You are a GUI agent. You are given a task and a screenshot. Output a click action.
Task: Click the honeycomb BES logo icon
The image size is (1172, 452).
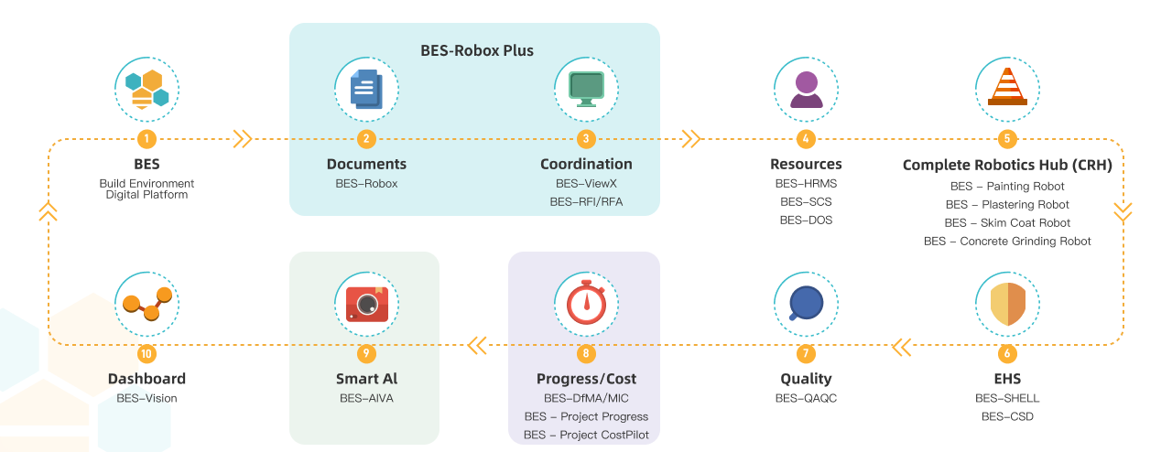coord(146,89)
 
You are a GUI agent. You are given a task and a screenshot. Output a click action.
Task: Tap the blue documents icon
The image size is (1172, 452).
coord(366,89)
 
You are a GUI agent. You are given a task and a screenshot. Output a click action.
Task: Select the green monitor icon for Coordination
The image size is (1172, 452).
coord(586,89)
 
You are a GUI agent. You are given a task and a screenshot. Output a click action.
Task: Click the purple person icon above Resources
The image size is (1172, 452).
coord(806,89)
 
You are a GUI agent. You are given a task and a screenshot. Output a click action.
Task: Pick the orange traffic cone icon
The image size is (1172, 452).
coord(1007,89)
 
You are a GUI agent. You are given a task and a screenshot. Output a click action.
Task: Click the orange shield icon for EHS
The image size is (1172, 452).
coord(1007,304)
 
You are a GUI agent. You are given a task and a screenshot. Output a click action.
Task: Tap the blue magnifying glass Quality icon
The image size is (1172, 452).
coord(806,304)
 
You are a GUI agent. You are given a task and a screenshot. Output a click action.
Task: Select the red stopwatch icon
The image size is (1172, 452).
coord(586,304)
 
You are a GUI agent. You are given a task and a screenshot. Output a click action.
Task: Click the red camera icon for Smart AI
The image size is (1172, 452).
coord(366,304)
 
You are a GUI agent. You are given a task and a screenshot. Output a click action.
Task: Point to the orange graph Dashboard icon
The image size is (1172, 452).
coord(146,304)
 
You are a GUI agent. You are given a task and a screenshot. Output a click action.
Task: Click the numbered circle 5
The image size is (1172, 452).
coord(1007,139)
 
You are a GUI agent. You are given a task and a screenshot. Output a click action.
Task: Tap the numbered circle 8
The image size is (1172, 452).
coord(586,353)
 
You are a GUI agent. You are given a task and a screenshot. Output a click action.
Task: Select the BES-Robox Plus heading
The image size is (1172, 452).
coord(476,50)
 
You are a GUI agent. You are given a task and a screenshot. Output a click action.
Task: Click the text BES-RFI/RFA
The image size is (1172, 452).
coord(586,202)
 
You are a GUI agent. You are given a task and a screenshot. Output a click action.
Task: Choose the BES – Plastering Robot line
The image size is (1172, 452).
coord(1007,205)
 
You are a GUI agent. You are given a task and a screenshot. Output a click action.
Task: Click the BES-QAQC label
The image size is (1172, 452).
coord(806,399)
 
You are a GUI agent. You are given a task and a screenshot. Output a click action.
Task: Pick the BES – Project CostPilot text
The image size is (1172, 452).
coord(586,436)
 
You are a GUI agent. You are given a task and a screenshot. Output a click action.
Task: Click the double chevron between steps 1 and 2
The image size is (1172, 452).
coord(243,139)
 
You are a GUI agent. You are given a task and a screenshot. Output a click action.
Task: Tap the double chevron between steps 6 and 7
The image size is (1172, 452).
coord(902,346)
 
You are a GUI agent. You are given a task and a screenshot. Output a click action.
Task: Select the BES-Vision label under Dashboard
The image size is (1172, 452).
coord(146,399)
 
